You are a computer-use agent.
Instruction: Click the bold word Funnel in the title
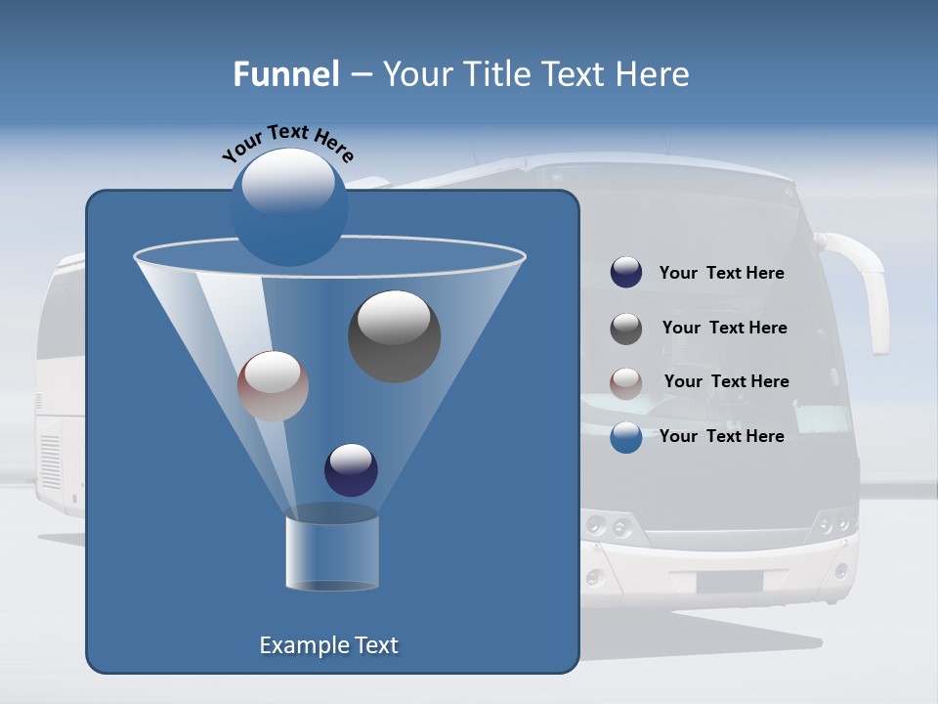285,74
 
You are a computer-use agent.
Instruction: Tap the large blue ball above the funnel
288,207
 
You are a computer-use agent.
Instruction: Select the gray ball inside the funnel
394,336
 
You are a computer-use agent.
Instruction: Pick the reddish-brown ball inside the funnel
273,386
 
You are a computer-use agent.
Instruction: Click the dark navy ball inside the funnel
351,469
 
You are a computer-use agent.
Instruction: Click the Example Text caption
328,645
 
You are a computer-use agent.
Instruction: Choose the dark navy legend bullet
626,273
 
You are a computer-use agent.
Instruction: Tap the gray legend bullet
626,329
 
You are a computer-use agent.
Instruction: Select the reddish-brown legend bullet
626,382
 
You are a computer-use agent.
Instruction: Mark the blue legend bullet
626,437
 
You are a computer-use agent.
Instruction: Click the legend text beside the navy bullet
721,273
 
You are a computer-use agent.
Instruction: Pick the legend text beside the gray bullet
724,328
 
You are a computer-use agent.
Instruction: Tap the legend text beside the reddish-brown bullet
726,381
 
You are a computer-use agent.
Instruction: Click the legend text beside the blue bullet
721,436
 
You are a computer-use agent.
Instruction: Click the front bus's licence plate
729,582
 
